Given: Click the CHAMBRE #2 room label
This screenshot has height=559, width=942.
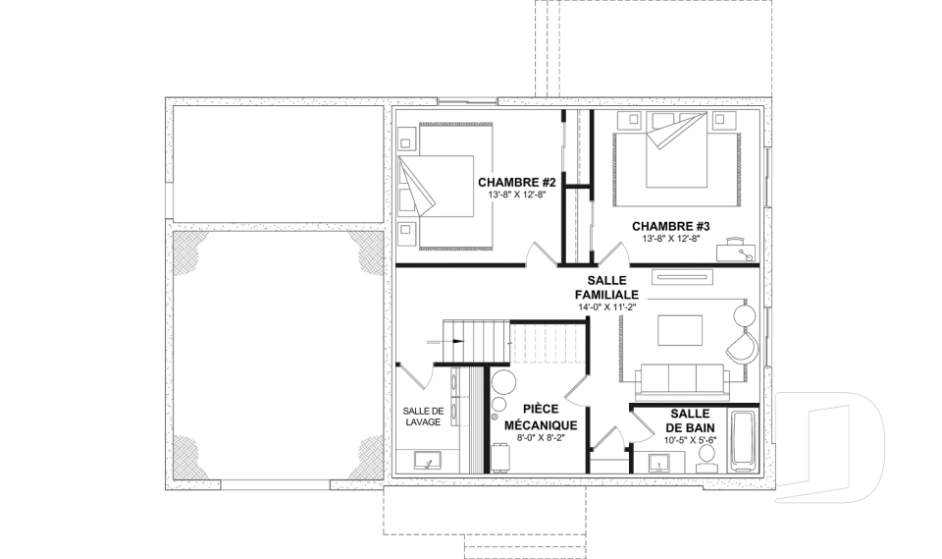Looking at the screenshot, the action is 517,182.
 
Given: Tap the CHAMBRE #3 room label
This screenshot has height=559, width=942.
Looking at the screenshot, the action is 670,226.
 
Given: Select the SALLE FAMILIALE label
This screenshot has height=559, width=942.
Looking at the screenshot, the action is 606,288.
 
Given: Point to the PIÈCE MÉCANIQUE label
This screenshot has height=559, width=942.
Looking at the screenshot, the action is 540,417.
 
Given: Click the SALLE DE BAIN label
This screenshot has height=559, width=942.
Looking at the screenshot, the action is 690,420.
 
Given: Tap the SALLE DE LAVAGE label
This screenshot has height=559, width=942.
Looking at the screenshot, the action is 423,417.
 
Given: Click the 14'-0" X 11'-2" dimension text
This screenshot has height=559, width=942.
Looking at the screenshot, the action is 606,307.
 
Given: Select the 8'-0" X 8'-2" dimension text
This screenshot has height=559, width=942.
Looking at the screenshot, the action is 540,437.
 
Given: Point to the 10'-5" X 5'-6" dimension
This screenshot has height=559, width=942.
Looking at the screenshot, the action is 690,439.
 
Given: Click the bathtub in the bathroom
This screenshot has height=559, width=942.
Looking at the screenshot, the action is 744,441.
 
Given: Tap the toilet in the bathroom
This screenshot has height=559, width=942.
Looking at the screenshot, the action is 706,461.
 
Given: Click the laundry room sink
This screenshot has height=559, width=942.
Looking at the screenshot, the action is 427,461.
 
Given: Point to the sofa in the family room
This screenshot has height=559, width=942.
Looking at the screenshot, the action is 683,381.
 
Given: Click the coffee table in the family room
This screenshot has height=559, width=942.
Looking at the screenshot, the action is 680,330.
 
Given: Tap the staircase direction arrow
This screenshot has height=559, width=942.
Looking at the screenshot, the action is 445,342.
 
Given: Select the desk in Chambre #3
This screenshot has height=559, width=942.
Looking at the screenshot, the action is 734,250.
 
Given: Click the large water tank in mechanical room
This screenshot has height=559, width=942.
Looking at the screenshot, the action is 503,382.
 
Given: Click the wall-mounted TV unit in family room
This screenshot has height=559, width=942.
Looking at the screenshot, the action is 683,276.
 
